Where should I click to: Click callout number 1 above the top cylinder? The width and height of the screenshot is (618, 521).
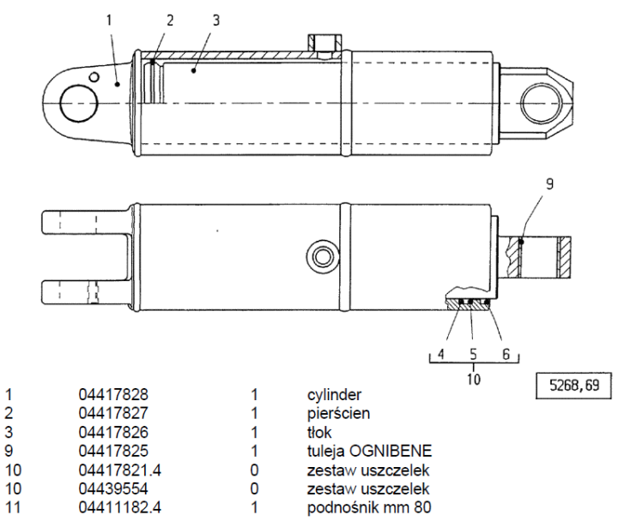111,18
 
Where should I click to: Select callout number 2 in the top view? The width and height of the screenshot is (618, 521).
170,19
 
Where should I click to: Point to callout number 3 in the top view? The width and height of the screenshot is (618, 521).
216,19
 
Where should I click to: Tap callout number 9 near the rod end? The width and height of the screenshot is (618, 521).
550,183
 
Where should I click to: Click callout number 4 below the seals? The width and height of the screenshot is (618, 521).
439,353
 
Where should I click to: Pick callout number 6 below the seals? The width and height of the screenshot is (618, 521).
506,353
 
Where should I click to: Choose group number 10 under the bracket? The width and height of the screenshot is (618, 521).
472,374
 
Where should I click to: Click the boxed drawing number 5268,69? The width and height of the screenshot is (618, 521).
568,385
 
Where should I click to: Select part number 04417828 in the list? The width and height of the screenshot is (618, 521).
113,395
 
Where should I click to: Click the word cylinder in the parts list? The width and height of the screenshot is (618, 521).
334,395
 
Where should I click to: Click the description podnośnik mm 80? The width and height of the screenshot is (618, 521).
370,506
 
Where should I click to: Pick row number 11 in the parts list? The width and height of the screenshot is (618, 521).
10,506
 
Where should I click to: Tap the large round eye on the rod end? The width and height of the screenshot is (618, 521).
543,105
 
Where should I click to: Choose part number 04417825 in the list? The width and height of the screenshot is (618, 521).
113,450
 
